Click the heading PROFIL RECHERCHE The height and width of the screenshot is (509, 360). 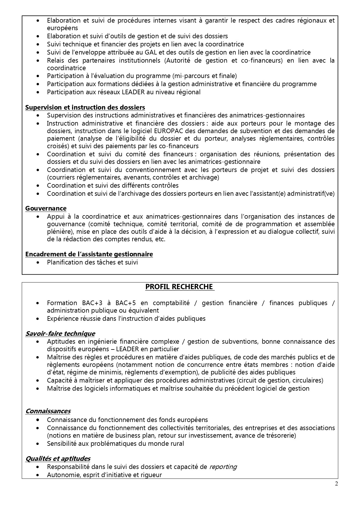tap(180, 287)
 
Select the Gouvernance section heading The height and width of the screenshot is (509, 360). tap(46, 208)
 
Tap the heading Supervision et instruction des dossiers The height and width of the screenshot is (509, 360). tap(85, 107)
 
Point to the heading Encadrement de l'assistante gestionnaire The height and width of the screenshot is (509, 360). tap(89, 254)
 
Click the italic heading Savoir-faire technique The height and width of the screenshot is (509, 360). tap(60, 334)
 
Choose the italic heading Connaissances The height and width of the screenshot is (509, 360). tap(48, 411)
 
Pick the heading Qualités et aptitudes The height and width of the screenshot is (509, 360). tap(58, 459)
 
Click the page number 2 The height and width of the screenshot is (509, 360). tap(337, 483)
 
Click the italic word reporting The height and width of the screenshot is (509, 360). tap(223, 467)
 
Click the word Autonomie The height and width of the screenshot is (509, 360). tap(61, 475)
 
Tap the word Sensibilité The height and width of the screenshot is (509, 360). tap(61, 443)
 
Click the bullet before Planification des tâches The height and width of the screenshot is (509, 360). tap(38, 262)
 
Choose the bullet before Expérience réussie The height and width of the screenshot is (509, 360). tap(38, 319)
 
